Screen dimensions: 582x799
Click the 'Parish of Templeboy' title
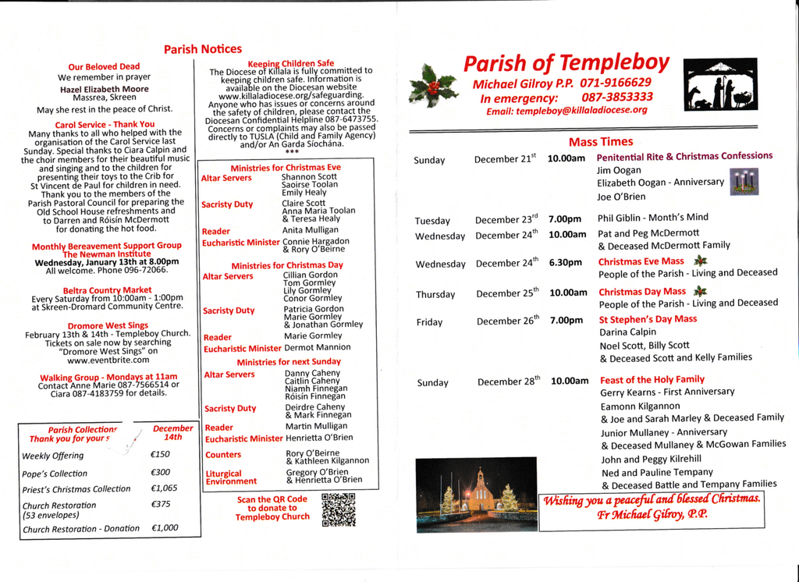click(x=566, y=63)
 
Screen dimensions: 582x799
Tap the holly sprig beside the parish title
click(x=435, y=84)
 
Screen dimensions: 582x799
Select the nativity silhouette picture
click(x=721, y=84)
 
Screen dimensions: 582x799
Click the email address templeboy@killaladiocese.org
click(x=566, y=111)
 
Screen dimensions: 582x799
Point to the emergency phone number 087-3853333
click(x=617, y=97)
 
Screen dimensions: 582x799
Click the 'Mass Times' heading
click(x=601, y=142)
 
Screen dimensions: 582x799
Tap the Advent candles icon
click(x=744, y=182)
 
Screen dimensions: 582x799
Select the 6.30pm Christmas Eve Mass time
click(x=566, y=263)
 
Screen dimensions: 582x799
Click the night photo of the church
click(x=476, y=495)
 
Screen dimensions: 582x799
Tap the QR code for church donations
click(x=338, y=509)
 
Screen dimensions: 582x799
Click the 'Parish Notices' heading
click(x=203, y=49)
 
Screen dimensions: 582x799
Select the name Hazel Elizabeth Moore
click(x=104, y=89)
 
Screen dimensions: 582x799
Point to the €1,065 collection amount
click(x=164, y=488)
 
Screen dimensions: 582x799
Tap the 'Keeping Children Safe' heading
click(x=290, y=63)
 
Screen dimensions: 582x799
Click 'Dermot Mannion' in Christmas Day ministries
click(x=317, y=347)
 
